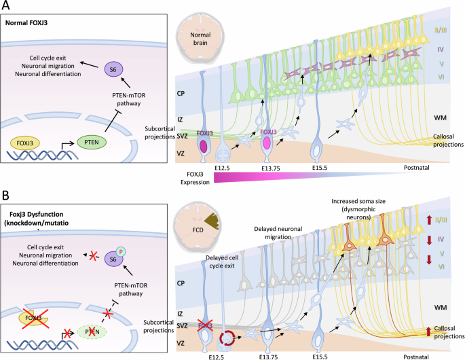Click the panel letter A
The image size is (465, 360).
6,6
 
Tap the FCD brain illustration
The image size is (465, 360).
196,226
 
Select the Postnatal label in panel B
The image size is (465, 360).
412,355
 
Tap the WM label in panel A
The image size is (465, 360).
439,118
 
